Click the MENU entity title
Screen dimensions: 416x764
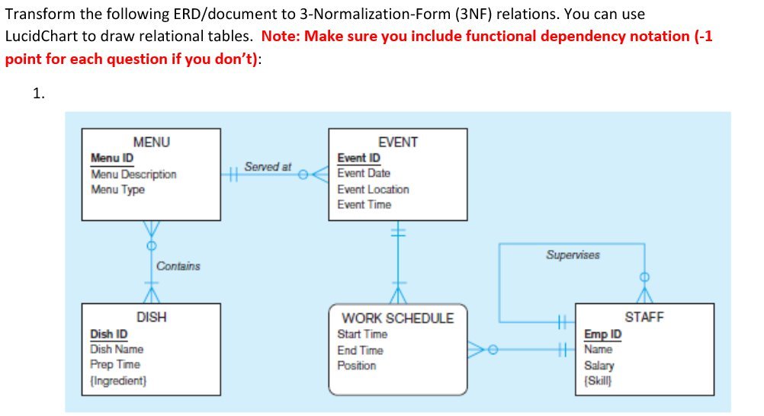(x=151, y=142)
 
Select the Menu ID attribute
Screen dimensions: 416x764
(x=112, y=158)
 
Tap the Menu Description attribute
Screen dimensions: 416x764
(x=133, y=174)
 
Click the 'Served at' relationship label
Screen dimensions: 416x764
(x=268, y=166)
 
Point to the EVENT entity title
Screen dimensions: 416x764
(x=397, y=142)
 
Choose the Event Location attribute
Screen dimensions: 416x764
(x=373, y=190)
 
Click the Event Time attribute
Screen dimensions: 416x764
(x=364, y=205)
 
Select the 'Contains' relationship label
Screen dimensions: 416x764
(x=178, y=266)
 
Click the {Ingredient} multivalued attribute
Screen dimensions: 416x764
(x=118, y=380)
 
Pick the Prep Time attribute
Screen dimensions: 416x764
(x=115, y=365)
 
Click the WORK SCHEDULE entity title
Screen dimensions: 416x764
(x=397, y=318)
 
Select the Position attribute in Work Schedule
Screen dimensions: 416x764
(x=357, y=366)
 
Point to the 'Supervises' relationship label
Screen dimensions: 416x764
(x=573, y=255)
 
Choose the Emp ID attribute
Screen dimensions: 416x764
(x=602, y=334)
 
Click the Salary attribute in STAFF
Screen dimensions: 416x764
(x=599, y=365)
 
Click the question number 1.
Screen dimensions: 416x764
(x=39, y=94)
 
